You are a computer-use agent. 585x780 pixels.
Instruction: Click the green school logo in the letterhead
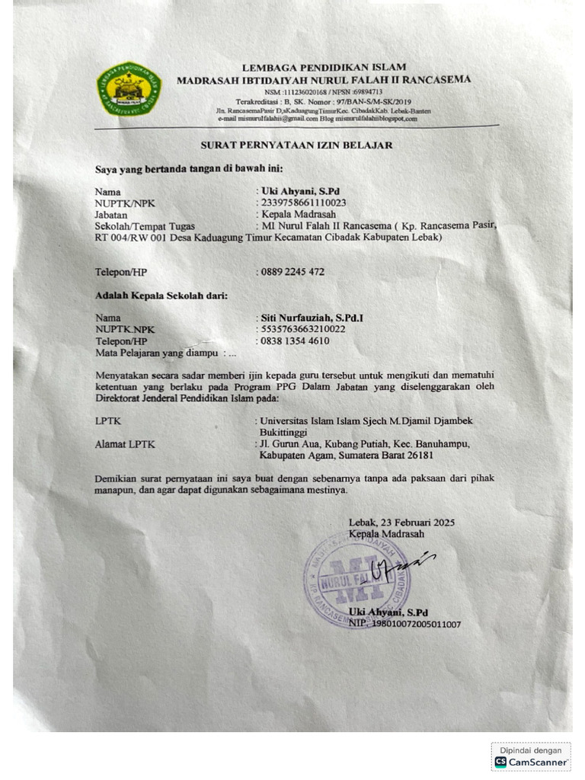coord(129,89)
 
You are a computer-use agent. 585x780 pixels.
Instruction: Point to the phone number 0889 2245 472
coord(292,271)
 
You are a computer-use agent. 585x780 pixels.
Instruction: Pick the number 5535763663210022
coord(302,329)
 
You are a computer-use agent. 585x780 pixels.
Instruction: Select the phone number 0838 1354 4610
coord(294,340)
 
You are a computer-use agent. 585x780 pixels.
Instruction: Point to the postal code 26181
coord(418,455)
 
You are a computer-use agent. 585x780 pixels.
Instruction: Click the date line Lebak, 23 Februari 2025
coord(401,523)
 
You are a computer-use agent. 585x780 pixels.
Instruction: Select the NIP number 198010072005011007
coord(415,624)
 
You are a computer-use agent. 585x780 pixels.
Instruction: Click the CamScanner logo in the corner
coord(531,761)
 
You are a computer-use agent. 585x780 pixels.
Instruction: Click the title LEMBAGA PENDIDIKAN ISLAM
coord(324,68)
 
